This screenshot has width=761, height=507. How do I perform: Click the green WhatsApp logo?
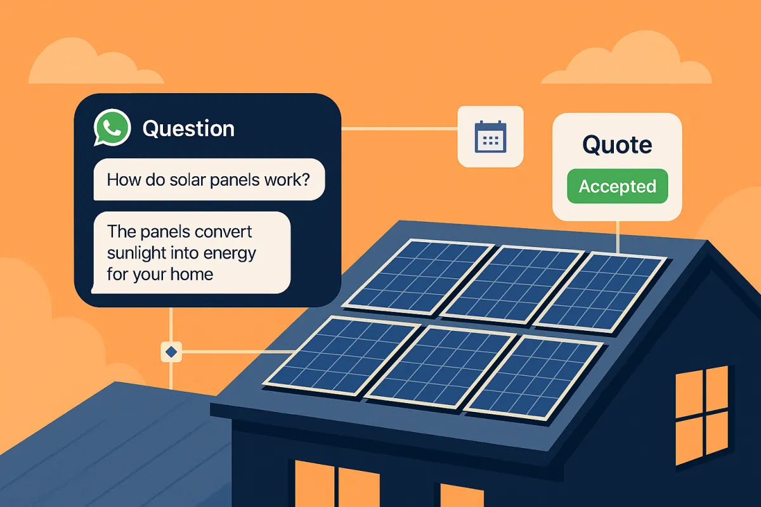tap(112, 127)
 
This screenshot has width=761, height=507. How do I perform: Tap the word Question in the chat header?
tap(188, 129)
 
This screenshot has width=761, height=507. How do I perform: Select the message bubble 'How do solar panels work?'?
tap(209, 179)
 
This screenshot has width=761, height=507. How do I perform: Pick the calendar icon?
tap(490, 136)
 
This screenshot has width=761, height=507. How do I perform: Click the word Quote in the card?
tap(617, 145)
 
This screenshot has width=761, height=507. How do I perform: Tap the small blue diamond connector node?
tap(171, 350)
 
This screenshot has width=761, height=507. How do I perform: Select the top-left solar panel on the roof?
tap(417, 276)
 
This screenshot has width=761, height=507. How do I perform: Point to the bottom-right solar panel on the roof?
tap(534, 377)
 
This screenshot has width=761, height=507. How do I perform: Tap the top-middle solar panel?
tap(512, 283)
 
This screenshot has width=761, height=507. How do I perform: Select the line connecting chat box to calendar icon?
tap(400, 129)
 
